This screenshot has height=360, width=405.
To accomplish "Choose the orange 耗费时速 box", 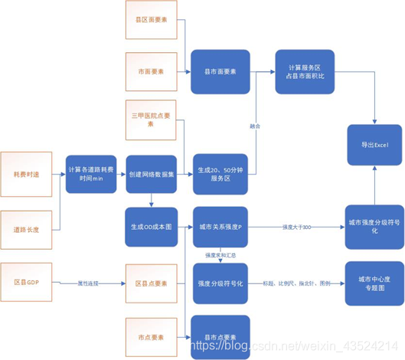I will click(x=26, y=174).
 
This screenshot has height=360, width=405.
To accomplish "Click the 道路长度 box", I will click(x=26, y=229).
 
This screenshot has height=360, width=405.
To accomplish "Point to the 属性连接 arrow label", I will click(x=90, y=282).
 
